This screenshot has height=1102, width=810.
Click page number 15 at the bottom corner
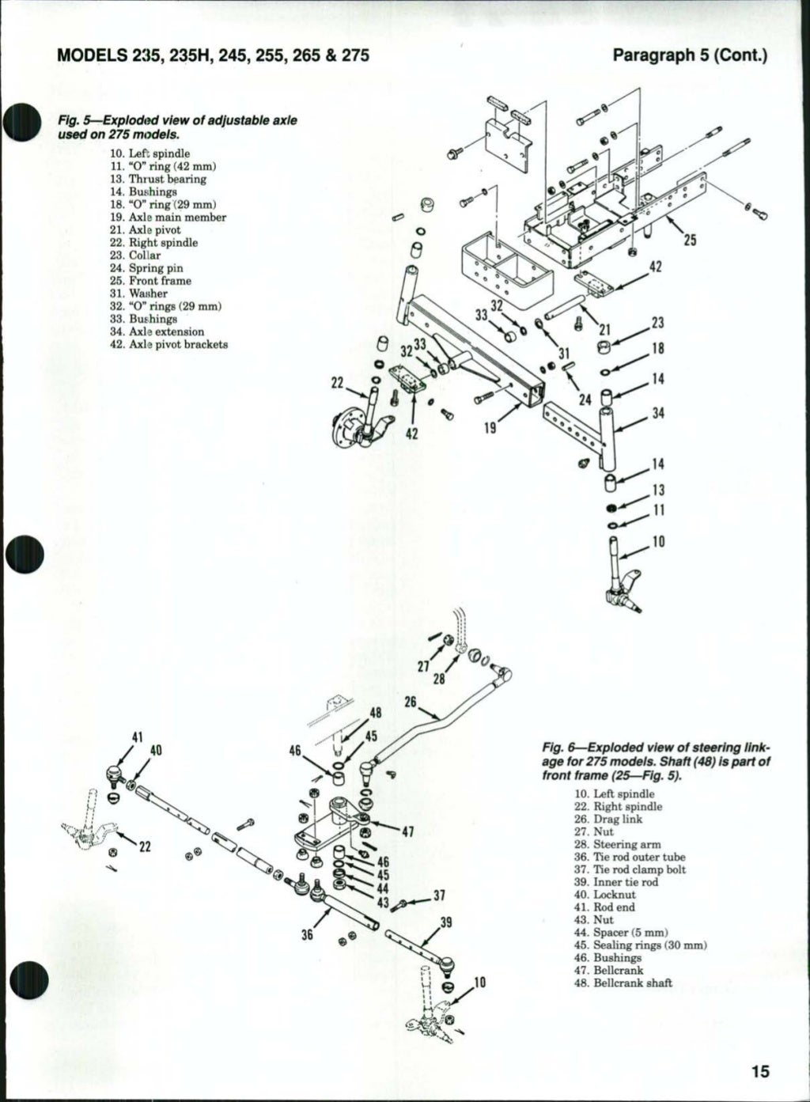coord(760,1071)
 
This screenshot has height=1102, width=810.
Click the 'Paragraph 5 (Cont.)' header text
coord(691,56)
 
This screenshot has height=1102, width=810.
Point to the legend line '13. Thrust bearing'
coord(158,179)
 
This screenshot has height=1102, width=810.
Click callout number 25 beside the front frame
coord(690,240)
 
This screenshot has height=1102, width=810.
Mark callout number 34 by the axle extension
coord(657,414)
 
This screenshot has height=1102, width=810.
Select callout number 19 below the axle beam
coord(490,427)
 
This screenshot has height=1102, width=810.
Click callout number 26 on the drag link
coord(411,702)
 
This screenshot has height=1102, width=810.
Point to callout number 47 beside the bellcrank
coord(408,831)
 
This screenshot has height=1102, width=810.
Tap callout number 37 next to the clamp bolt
coord(441,896)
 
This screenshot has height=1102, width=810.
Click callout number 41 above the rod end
coord(137,737)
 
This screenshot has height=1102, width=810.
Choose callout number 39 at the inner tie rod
coord(446,922)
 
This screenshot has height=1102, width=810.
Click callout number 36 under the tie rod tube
coord(308,933)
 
